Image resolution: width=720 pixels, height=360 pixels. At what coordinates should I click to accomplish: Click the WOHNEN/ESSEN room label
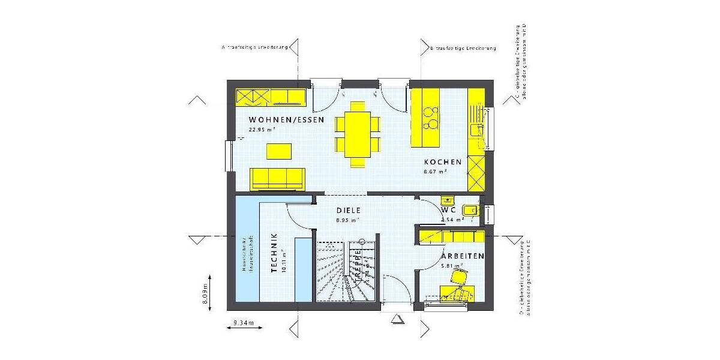[x=286, y=120]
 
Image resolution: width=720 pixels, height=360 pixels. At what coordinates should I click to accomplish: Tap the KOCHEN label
[x=443, y=162]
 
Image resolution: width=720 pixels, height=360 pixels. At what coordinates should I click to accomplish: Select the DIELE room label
[x=348, y=211]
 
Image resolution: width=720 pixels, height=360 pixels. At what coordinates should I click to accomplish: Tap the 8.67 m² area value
[x=436, y=171]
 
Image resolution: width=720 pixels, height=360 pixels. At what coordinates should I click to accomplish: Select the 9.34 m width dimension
[x=244, y=324]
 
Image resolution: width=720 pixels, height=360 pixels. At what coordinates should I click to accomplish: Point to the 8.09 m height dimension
[x=206, y=293]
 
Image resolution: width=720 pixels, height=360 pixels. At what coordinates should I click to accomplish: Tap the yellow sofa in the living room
[x=278, y=178]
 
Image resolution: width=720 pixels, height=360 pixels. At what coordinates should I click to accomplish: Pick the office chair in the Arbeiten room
[x=460, y=278]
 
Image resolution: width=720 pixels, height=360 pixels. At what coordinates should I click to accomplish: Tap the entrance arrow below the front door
[x=396, y=320]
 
